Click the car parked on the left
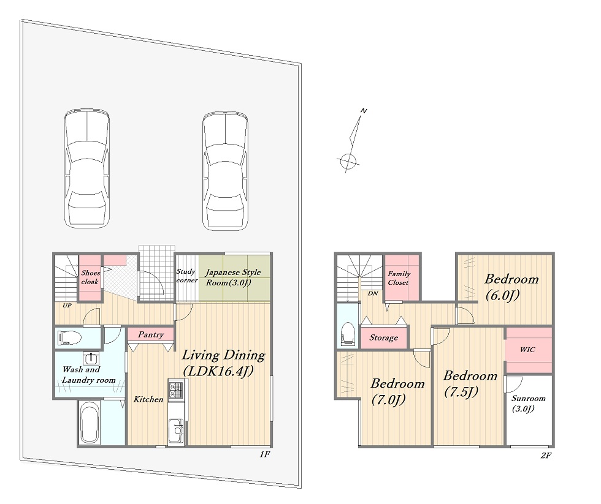click(86, 169)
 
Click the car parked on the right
click(226, 171)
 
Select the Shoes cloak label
click(91, 277)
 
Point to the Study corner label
click(186, 276)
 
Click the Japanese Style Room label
click(232, 277)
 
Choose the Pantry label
click(151, 334)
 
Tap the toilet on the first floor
click(69, 338)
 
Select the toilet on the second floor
click(348, 333)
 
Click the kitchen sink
click(177, 431)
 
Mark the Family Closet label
click(399, 278)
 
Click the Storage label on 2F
click(384, 338)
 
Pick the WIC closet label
click(527, 350)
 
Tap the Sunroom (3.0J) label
click(528, 404)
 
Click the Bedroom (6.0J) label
click(511, 287)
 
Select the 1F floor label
click(265, 454)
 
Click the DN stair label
click(373, 293)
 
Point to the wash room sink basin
click(92, 358)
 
